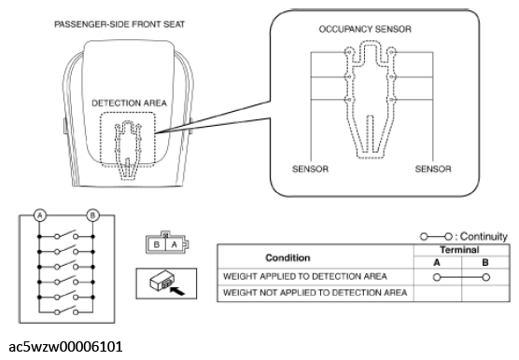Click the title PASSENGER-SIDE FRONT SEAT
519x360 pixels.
click(119, 24)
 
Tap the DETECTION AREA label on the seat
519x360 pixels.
click(129, 104)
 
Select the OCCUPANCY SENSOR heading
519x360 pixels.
click(365, 29)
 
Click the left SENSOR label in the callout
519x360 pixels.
click(310, 169)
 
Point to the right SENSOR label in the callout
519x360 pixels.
click(433, 169)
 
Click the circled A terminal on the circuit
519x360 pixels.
click(40, 215)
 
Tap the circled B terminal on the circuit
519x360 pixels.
click(92, 215)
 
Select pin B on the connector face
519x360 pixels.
click(157, 244)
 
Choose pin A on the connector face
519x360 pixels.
click(175, 244)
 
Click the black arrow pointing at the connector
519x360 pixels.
click(177, 291)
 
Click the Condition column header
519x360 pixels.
click(288, 257)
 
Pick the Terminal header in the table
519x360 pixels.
click(459, 250)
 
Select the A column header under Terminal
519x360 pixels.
click(437, 262)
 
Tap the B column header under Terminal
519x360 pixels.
click(485, 262)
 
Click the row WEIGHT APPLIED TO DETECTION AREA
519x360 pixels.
click(305, 276)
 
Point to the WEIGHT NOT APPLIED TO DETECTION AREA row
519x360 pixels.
click(316, 293)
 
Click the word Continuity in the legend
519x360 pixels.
click(484, 236)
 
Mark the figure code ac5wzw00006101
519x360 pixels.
click(65, 347)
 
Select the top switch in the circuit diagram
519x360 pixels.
click(66, 234)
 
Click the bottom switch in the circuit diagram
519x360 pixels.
click(66, 311)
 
